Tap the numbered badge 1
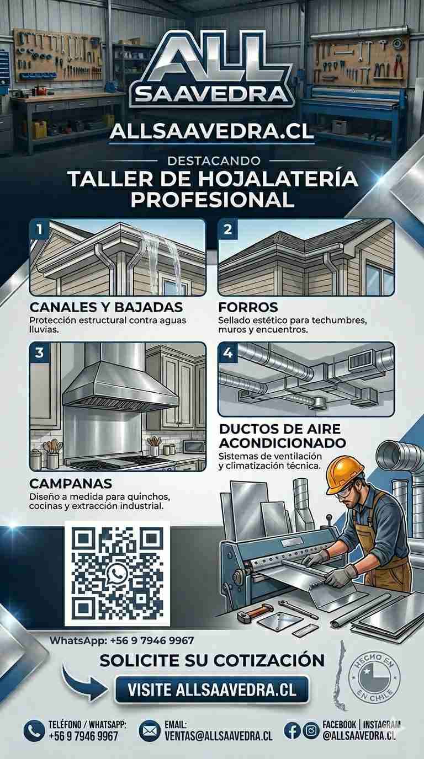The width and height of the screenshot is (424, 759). point(39,229)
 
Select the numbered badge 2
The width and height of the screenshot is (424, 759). point(227,229)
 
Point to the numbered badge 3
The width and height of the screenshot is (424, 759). point(39,352)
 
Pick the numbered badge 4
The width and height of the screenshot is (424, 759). point(227,352)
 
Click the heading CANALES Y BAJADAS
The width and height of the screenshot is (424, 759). point(106,307)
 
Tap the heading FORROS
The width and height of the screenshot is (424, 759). point(248,307)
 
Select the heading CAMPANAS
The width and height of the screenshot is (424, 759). point(71,483)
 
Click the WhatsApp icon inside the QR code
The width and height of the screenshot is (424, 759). point(118,574)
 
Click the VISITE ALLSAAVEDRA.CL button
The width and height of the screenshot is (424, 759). point(212,689)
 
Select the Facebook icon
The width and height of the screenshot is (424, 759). point(293,730)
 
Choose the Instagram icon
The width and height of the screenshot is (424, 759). point(310,730)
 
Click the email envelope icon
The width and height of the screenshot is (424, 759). point(150,730)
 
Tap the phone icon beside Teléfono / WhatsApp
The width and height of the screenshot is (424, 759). point(34,730)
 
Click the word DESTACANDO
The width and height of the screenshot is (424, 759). point(214,161)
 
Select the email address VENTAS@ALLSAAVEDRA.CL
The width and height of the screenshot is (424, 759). point(219,736)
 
